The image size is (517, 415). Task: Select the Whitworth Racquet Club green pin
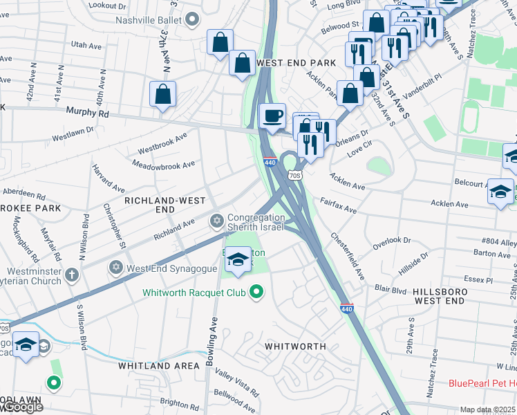(x=256, y=293)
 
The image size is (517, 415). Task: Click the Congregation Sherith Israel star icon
(x=216, y=221)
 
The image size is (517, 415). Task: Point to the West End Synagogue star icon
(x=116, y=267)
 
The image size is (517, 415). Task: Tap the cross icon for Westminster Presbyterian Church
(x=71, y=276)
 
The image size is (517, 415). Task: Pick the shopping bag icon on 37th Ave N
(x=162, y=94)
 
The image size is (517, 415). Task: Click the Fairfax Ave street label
(x=338, y=205)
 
